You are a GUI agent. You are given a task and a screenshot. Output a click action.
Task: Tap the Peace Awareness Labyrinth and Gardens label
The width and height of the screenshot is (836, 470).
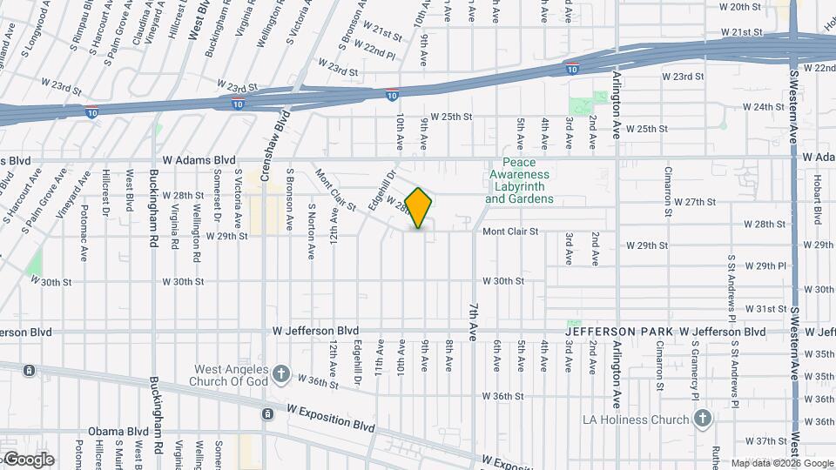pos(519,181)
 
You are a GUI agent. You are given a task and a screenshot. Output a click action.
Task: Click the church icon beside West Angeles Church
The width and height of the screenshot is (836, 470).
pos(280,374)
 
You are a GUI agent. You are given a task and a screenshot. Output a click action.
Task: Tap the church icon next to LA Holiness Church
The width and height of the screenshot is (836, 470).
pos(703,420)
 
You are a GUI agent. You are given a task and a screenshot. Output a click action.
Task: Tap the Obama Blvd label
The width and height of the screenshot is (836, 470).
pos(118,432)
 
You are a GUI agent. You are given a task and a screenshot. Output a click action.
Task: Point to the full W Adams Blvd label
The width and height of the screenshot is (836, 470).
pos(199,160)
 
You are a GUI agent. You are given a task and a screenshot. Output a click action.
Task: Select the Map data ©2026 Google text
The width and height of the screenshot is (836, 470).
pos(781,463)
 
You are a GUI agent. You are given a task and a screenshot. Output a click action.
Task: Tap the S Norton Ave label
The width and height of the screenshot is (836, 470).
pos(311,232)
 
